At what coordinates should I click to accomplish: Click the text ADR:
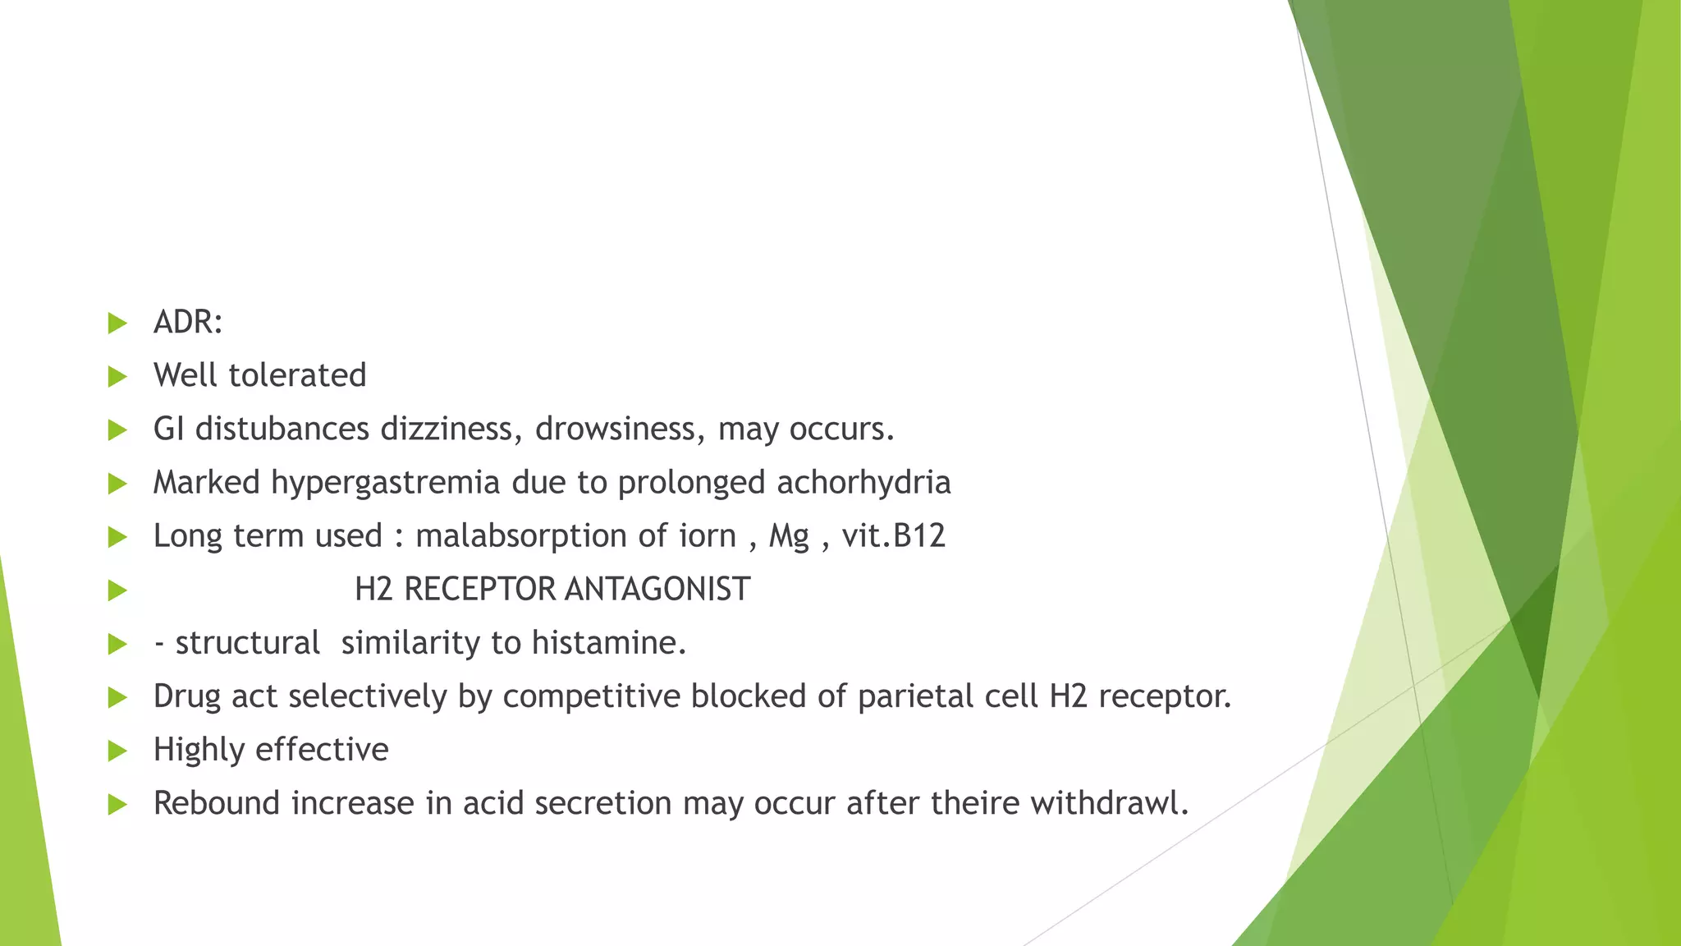pos(188,322)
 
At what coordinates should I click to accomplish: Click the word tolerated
pos(297,375)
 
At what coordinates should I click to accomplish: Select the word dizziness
pos(451,429)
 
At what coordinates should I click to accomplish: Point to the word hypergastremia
pos(385,483)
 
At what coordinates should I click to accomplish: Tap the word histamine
pos(608,642)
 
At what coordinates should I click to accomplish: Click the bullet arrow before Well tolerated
pos(117,377)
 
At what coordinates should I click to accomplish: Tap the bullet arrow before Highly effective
pos(117,751)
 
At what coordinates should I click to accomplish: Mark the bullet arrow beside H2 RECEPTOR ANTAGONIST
pos(117,591)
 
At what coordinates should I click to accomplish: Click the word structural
pos(247,643)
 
